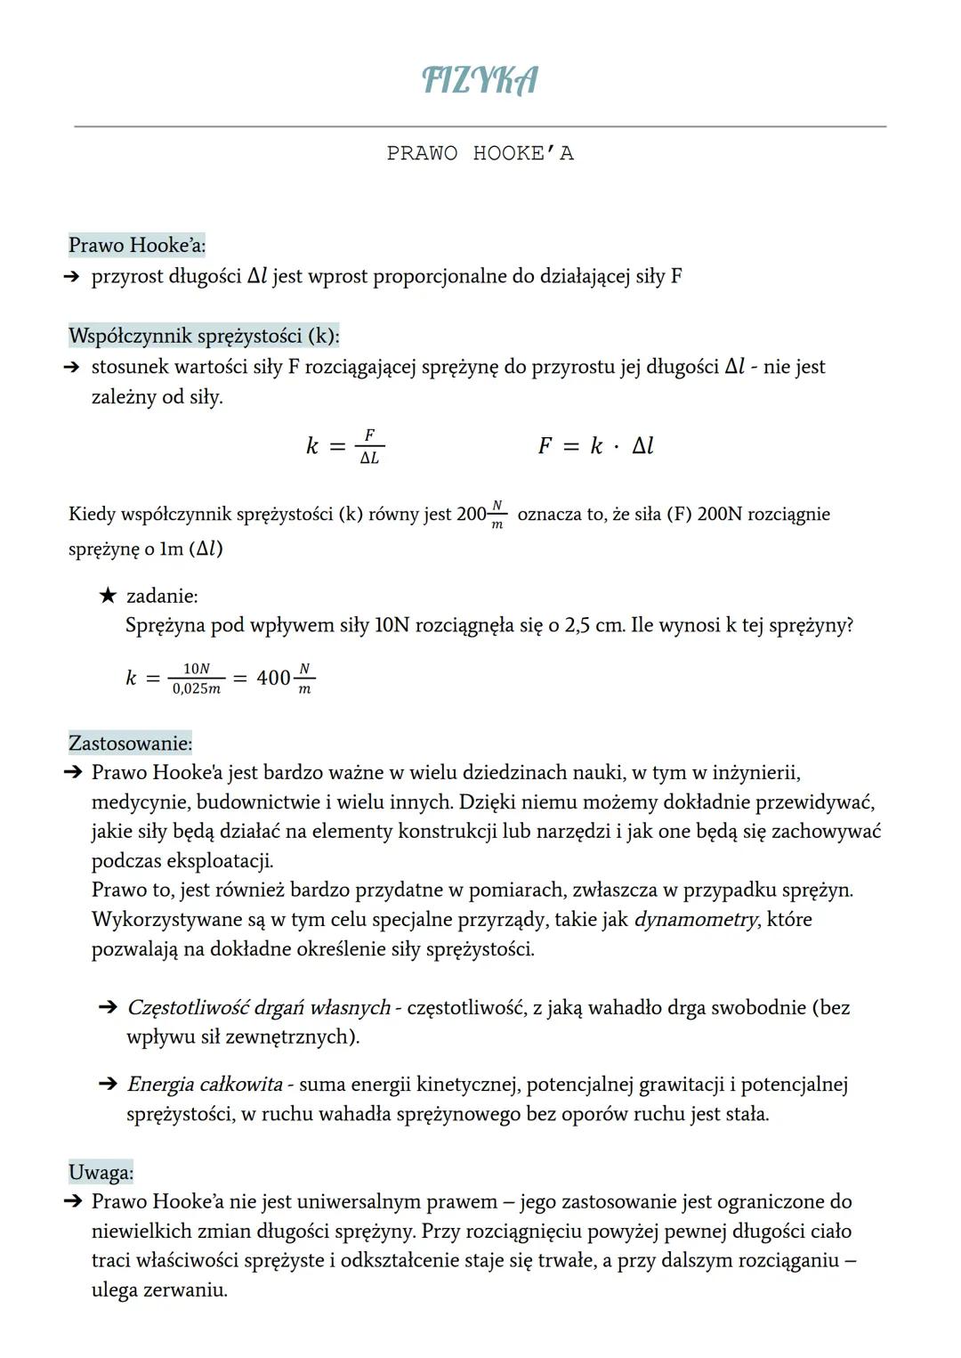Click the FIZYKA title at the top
(480, 80)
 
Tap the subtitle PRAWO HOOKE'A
(480, 154)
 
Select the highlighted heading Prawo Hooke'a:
(137, 245)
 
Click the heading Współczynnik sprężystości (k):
(204, 337)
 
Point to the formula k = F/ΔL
(345, 446)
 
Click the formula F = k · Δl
(595, 446)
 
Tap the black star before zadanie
(108, 596)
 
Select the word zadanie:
(162, 596)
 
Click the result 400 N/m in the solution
(285, 679)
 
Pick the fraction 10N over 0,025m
(197, 679)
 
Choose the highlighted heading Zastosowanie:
(130, 743)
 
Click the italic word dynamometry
(695, 920)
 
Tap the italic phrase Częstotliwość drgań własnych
(258, 1008)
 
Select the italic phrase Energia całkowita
(204, 1085)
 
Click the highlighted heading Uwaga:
(101, 1172)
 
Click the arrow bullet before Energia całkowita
(108, 1085)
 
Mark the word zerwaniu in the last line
(185, 1290)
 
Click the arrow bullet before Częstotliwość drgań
(108, 1008)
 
